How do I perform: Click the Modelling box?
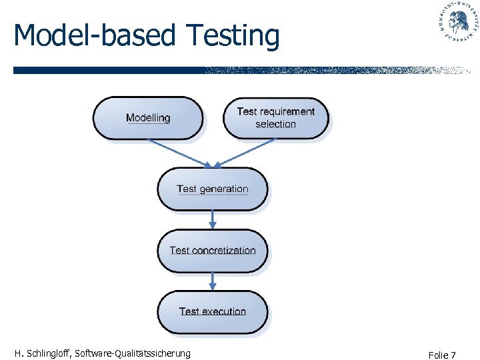pos(147,118)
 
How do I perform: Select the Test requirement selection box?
pos(275,118)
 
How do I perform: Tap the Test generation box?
pos(212,189)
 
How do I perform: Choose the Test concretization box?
pos(212,251)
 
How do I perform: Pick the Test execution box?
pos(212,311)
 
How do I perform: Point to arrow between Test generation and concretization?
pos(213,219)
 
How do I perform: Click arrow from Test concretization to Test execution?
pos(213,281)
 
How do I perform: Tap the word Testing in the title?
pos(233,36)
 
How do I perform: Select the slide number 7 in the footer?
pos(453,355)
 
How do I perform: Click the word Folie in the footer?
pos(437,355)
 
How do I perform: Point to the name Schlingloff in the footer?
pos(47,353)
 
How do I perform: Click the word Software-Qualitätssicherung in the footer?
pos(133,353)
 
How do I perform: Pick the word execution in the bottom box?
pos(223,311)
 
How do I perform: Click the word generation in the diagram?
pos(223,189)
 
